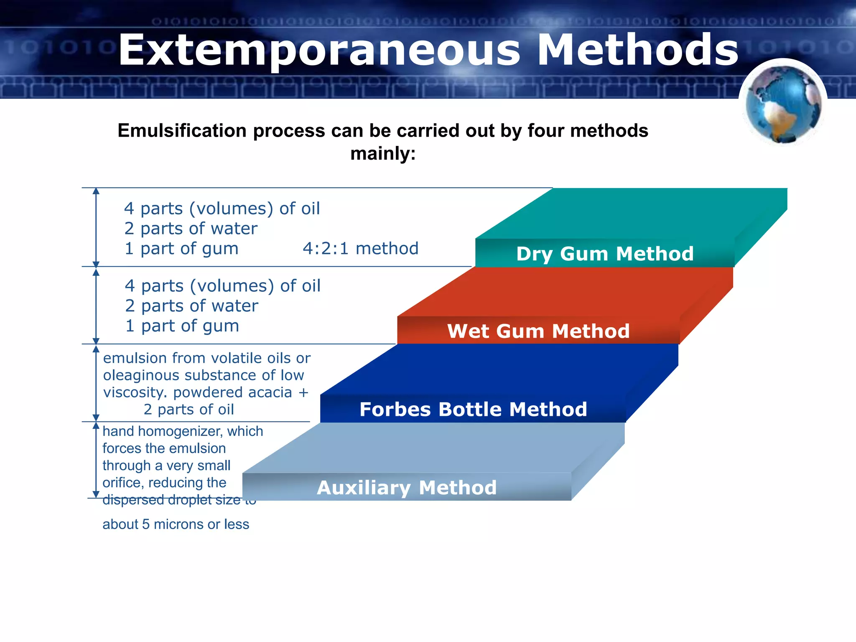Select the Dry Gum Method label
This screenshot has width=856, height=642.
[x=604, y=254]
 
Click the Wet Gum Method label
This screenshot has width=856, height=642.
[x=538, y=331]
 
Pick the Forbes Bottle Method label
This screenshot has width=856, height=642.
[x=473, y=409]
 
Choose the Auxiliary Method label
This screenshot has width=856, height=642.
[x=407, y=487]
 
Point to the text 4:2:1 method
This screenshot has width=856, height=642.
[x=360, y=249]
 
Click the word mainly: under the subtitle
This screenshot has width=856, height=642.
[x=383, y=153]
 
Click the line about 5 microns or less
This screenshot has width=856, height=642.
[x=176, y=524]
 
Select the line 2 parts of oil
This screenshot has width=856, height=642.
[x=189, y=410]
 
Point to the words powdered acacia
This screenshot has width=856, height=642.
[x=232, y=392]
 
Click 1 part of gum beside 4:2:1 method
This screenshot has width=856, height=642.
[x=181, y=249]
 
